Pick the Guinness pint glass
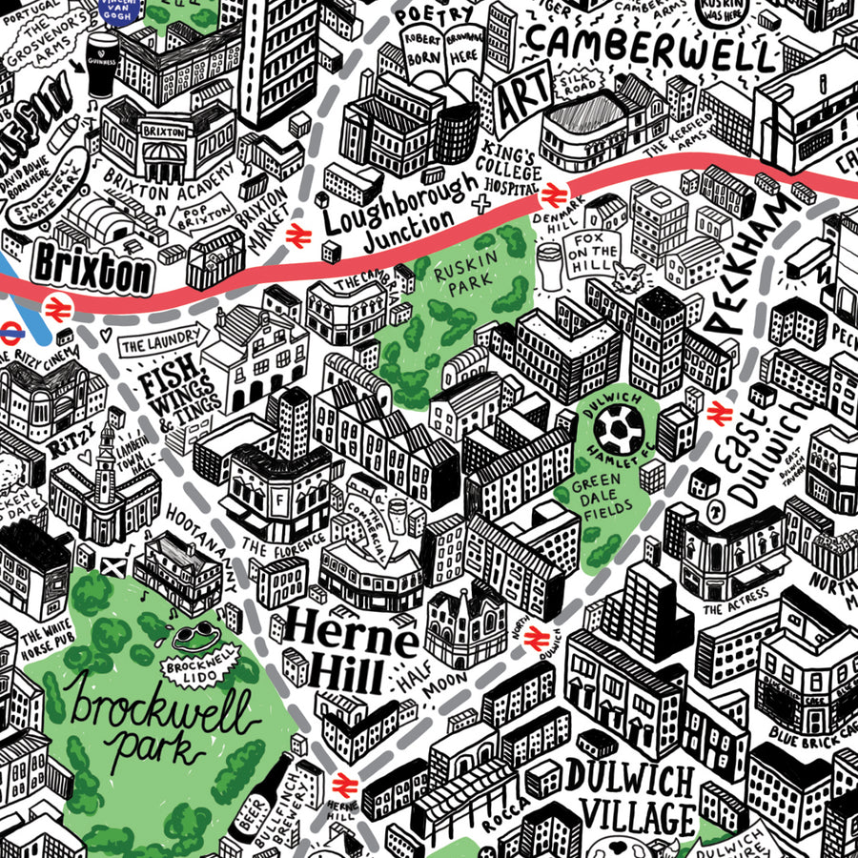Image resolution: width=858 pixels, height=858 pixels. [x=102, y=64]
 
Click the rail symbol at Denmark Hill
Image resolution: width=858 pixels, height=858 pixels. [x=552, y=196]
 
